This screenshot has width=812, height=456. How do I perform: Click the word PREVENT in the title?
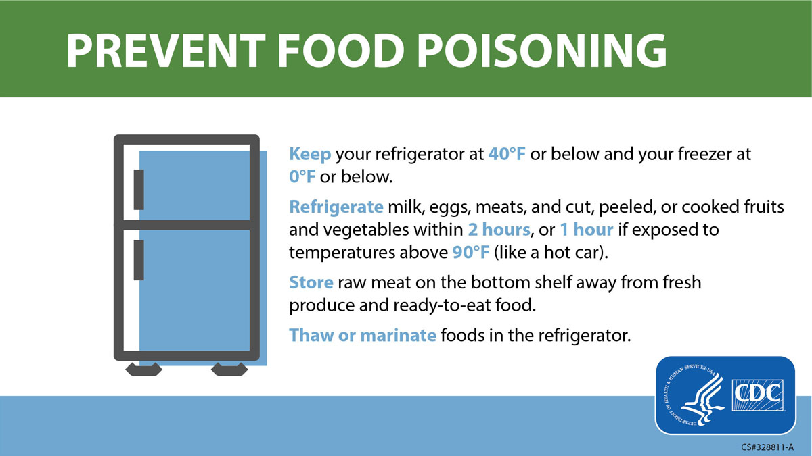[166, 51]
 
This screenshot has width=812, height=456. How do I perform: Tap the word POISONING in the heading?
[542, 51]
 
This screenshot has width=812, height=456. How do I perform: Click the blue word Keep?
[310, 155]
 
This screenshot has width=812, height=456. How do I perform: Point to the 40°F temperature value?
[507, 154]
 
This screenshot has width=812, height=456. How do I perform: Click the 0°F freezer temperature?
[302, 177]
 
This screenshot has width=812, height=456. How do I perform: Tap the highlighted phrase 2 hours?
[499, 230]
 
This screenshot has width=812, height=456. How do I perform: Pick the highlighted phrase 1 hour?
[587, 230]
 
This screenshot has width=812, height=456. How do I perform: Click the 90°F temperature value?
[471, 252]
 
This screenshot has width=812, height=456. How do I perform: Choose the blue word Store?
[311, 282]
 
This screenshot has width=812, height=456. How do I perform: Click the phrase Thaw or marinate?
[363, 335]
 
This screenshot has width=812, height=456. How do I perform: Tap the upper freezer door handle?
[139, 190]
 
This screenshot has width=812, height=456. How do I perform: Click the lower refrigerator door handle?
[139, 260]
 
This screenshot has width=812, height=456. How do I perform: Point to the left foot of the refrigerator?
[143, 369]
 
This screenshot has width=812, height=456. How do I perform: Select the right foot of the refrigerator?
[229, 369]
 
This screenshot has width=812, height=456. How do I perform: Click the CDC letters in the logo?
[758, 395]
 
